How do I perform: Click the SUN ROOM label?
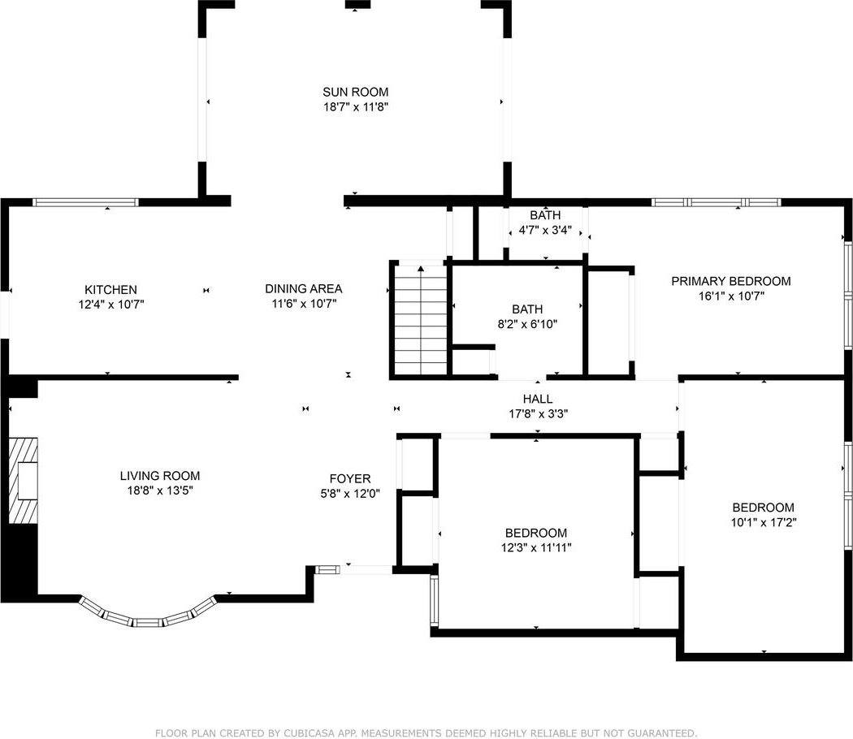tap(355, 92)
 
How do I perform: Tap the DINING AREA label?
tap(303, 288)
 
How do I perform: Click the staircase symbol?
tap(420, 320)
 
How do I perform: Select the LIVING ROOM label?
tap(159, 476)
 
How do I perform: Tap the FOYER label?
tap(349, 478)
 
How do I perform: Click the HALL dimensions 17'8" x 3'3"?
tap(537, 413)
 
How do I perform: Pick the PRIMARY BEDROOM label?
tap(730, 281)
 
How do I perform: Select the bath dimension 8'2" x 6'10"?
tap(526, 324)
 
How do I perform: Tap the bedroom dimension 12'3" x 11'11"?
tap(536, 547)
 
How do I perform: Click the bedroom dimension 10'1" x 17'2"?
tap(763, 523)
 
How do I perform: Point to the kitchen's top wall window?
tap(85, 202)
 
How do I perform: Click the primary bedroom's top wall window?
tap(716, 202)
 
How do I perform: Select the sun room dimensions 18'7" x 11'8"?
tap(355, 106)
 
